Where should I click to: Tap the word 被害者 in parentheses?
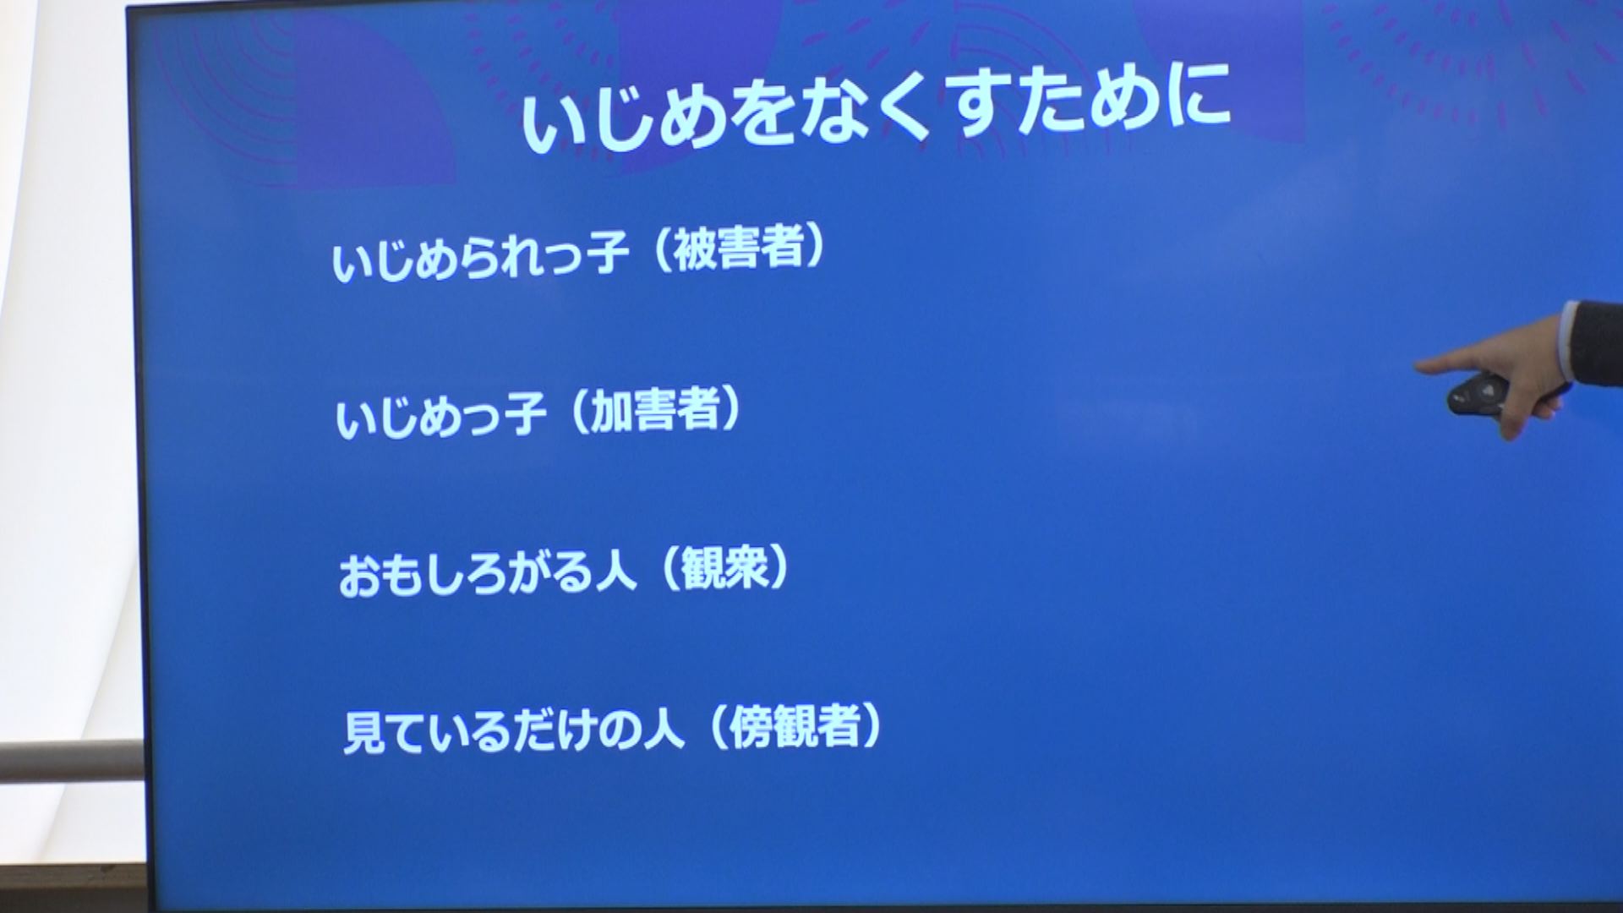point(736,249)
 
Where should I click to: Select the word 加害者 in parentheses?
point(654,411)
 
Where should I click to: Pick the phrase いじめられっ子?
point(480,256)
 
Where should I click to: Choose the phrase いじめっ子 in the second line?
point(440,416)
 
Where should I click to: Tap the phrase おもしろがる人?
point(487,574)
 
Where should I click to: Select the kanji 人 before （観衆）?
point(614,572)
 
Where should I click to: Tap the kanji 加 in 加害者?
point(611,412)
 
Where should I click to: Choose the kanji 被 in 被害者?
point(694,250)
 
